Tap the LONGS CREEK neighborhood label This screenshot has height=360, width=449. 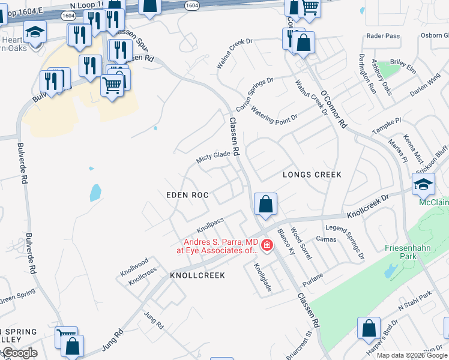coord(312,175)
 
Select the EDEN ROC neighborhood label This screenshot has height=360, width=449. coord(187,195)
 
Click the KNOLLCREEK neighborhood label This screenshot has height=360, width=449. coord(197,275)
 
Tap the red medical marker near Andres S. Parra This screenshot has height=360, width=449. coord(267,245)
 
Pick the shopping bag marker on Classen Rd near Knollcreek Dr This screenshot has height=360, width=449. coord(265,205)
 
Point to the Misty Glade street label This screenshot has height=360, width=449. coord(214,158)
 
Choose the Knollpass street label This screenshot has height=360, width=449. coord(210,226)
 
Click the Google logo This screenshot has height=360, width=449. coord(20,353)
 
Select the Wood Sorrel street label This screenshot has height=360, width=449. coord(301,243)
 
